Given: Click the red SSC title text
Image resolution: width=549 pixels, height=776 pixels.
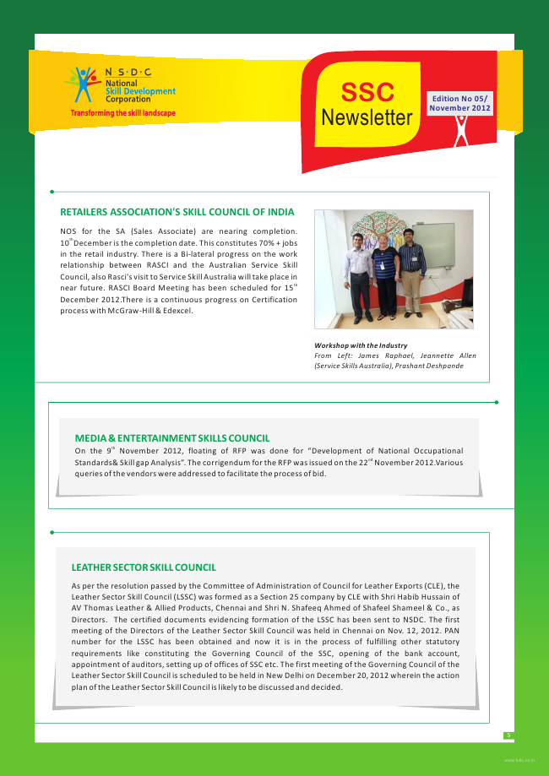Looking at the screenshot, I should pyautogui.click(x=367, y=92).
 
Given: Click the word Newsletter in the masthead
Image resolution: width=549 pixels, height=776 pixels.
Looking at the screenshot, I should pyautogui.click(x=367, y=118).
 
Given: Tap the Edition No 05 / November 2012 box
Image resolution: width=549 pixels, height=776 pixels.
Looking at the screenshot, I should pyautogui.click(x=459, y=104).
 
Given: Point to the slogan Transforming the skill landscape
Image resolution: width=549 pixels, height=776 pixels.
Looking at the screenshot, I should pyautogui.click(x=122, y=113).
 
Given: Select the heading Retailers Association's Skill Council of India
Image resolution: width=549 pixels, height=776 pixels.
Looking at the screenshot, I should pyautogui.click(x=177, y=212).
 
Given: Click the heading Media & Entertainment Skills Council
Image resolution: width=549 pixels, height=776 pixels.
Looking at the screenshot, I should pyautogui.click(x=172, y=438).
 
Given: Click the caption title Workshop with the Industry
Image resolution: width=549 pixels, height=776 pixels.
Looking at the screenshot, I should pyautogui.click(x=361, y=345).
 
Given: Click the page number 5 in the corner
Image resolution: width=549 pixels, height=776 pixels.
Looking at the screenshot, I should pyautogui.click(x=508, y=735).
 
